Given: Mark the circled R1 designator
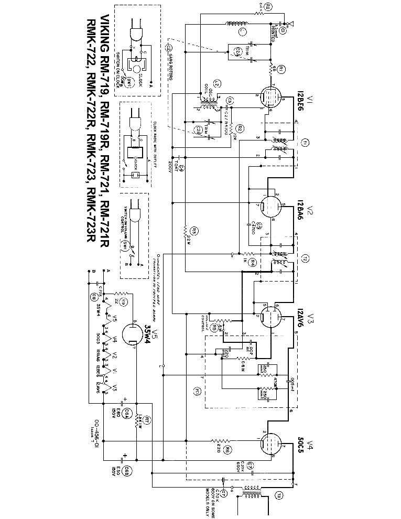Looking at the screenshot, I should (281, 69).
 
